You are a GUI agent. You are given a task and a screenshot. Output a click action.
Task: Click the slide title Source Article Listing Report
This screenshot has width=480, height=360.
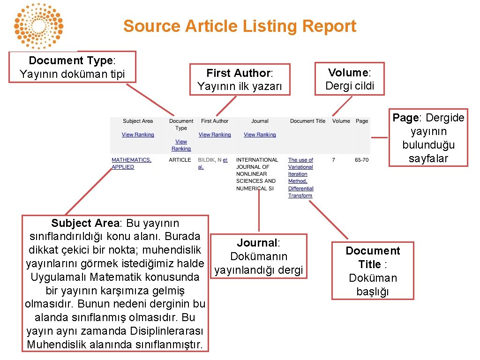tap(240, 26)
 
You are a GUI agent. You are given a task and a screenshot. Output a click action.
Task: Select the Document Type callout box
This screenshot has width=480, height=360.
tap(73, 67)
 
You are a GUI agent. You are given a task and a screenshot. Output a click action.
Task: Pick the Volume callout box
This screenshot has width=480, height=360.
tap(349, 79)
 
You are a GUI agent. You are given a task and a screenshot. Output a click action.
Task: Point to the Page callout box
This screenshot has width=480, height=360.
tap(428, 138)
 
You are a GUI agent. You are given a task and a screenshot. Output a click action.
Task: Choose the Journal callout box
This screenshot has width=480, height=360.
tap(258, 256)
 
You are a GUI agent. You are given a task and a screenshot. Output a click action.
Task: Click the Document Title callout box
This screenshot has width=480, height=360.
tap(373, 271)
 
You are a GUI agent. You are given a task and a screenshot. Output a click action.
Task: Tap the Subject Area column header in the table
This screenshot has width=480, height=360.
tap(138, 121)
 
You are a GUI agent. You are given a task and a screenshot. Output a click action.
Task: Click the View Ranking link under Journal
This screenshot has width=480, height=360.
tap(260, 135)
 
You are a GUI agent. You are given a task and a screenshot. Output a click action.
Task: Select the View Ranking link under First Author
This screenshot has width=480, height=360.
tap(215, 135)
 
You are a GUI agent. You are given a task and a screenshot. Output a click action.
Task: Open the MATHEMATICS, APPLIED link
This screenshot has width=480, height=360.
tap(131, 163)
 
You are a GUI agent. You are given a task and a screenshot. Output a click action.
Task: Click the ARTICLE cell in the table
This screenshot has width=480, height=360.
tap(180, 160)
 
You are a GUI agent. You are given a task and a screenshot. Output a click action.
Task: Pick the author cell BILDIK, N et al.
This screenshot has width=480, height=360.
tap(212, 163)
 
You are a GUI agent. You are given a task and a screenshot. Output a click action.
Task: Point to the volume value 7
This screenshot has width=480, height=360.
tap(333, 160)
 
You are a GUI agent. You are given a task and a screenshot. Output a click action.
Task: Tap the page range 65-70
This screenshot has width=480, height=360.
tap(361, 160)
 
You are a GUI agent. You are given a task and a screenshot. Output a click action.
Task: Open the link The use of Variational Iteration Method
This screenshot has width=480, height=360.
tap(300, 178)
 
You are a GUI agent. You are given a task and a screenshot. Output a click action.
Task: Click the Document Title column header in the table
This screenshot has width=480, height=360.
tap(307, 121)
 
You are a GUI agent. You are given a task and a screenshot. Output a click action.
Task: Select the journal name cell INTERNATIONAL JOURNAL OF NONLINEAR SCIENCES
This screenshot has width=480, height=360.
tap(256, 174)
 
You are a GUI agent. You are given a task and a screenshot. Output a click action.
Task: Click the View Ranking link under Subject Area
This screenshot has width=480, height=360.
tap(138, 135)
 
